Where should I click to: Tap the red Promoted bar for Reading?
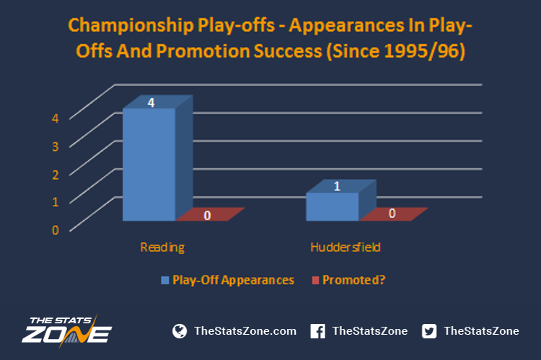211,214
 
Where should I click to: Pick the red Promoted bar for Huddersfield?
394,214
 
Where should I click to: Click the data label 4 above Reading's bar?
151,102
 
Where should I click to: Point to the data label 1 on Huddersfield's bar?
337,186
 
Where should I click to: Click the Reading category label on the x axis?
162,247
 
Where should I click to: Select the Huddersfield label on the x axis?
346,247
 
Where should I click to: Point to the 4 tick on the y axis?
56,118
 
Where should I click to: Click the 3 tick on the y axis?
56,146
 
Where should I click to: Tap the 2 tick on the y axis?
56,175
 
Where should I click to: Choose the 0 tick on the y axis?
56,230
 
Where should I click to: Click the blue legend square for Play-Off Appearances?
165,280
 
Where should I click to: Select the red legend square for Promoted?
315,280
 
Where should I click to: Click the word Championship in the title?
131,26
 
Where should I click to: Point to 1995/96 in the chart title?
421,51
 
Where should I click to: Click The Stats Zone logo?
66,330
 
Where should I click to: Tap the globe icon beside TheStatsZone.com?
180,331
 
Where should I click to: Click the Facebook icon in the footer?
318,331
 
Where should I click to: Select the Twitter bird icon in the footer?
429,331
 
